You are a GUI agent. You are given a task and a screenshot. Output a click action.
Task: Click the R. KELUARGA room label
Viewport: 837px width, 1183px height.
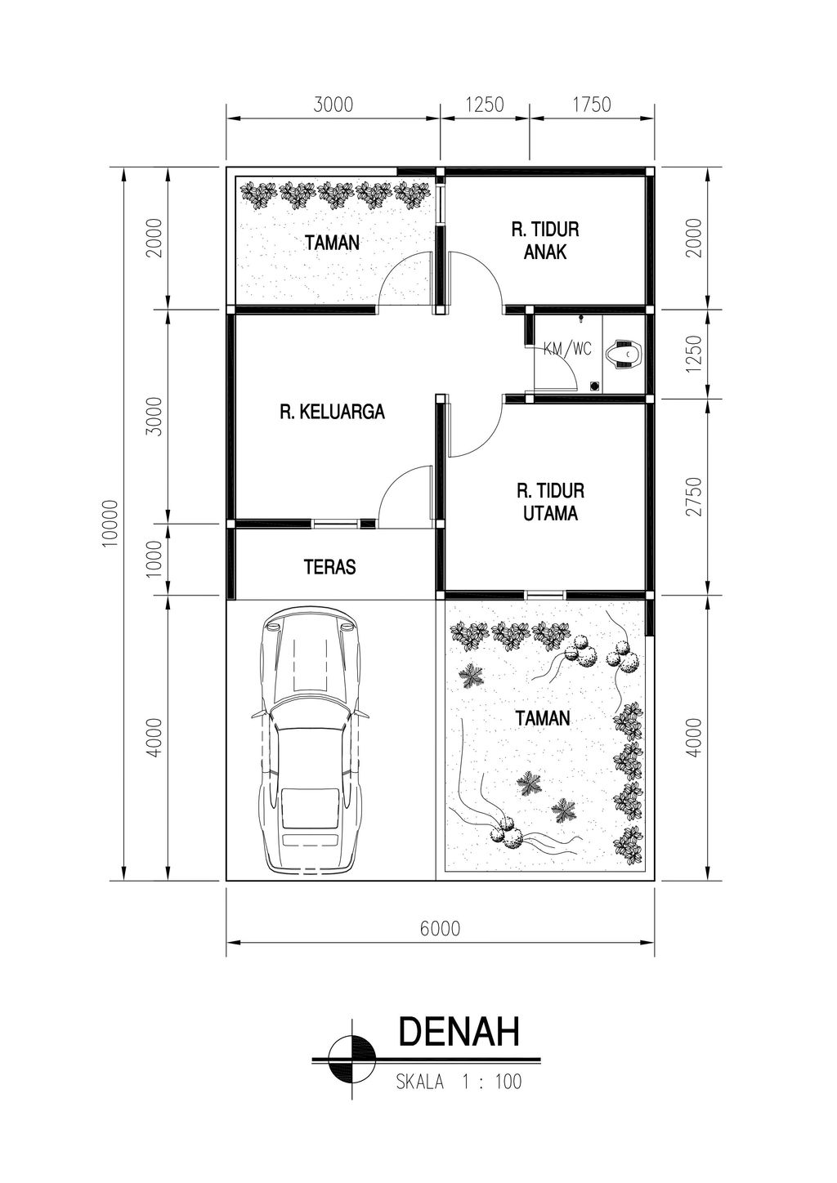333,412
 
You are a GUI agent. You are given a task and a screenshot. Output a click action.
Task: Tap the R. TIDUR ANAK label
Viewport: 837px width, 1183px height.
545,241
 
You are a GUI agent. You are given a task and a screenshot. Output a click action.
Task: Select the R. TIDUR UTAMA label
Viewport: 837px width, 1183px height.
551,502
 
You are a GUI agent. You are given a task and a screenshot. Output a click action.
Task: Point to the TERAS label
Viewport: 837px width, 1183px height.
329,567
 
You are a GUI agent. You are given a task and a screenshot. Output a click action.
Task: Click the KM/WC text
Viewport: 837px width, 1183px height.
567,349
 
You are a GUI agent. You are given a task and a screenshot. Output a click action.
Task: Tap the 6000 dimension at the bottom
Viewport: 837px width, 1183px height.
441,928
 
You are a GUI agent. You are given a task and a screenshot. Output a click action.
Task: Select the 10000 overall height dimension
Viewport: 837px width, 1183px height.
110,524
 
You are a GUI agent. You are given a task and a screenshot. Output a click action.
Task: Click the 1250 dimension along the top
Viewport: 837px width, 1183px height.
485,105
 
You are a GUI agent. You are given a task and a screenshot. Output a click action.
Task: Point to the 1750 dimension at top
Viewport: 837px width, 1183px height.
592,105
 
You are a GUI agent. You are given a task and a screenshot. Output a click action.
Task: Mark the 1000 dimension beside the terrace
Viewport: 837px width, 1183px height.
154,560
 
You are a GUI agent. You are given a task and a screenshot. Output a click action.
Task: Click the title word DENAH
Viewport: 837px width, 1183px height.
459,1031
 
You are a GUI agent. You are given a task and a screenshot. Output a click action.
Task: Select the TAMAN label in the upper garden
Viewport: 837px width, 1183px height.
333,243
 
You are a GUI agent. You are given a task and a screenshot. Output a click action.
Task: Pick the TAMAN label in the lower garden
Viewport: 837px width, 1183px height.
543,717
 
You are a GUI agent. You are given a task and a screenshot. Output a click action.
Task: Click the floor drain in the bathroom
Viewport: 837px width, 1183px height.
594,386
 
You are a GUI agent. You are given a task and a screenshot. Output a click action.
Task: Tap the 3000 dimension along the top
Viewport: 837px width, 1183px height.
333,105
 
